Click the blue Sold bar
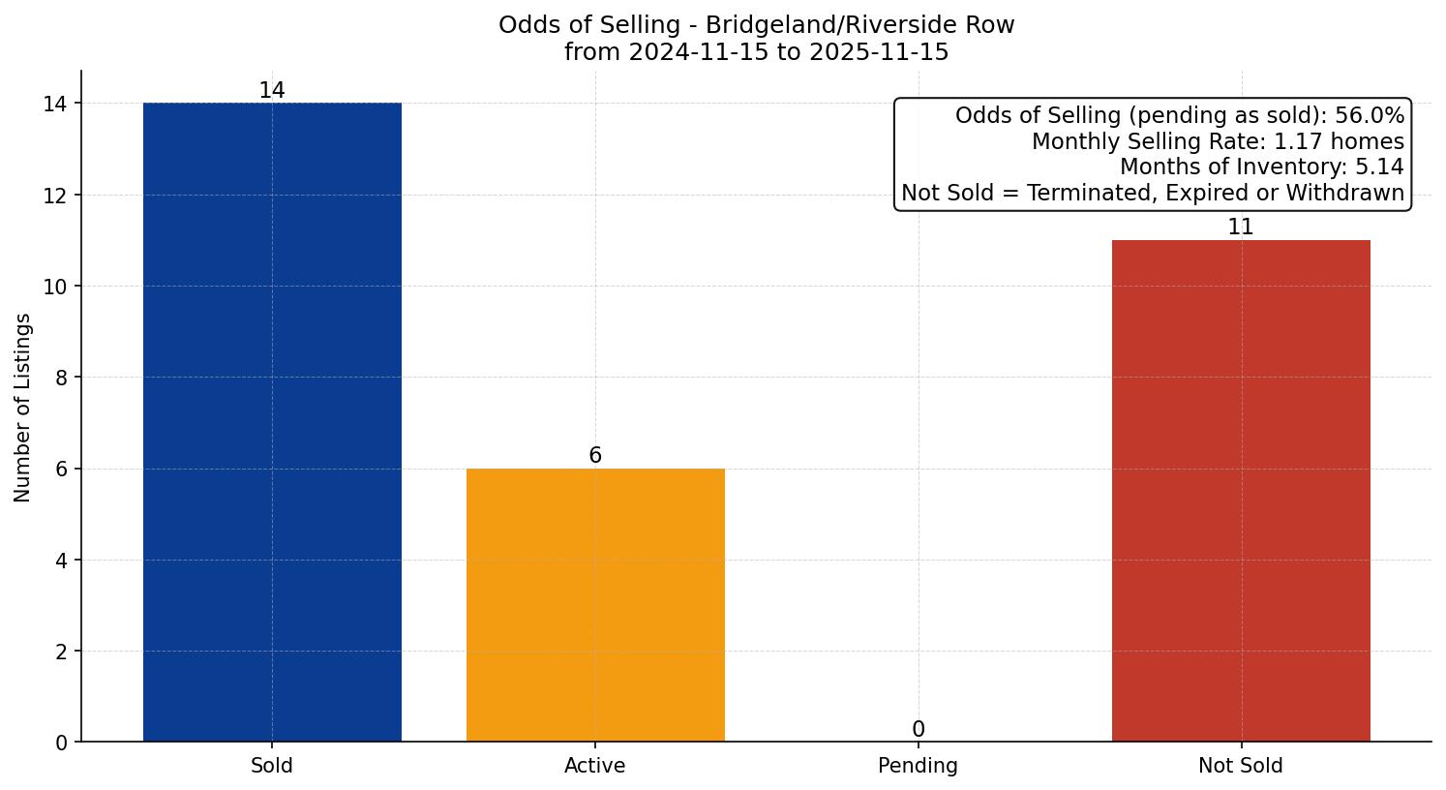[272, 422]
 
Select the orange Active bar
[595, 605]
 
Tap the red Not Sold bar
[1241, 491]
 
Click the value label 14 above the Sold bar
[272, 91]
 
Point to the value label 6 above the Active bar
[595, 456]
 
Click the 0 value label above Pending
[919, 730]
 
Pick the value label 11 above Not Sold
[1241, 228]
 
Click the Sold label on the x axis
[272, 766]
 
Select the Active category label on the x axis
[595, 766]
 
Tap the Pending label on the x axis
[919, 766]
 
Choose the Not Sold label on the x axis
[1241, 766]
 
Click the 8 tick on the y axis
[62, 378]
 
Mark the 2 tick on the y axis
[62, 652]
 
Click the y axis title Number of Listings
[23, 408]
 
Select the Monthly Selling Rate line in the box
[1218, 141]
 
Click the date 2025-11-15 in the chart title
[884, 52]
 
